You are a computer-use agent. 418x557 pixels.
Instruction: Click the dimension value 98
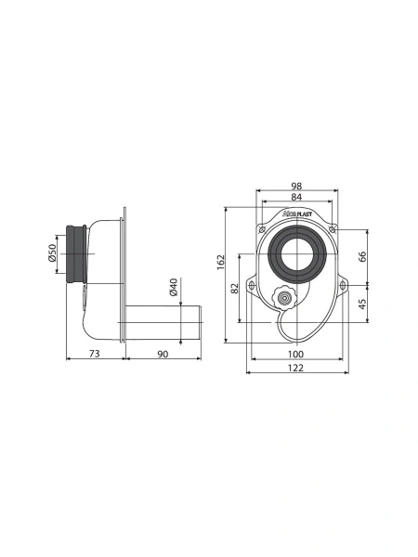[296, 186]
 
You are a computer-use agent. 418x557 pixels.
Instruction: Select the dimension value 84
[296, 197]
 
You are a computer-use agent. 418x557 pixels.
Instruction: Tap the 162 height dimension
[221, 262]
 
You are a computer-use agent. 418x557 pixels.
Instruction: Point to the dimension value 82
[235, 288]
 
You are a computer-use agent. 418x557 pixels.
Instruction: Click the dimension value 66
[362, 256]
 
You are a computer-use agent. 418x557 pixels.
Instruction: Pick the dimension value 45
[362, 304]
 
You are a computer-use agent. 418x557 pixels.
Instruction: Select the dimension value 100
[295, 354]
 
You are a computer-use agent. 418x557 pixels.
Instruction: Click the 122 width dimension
[295, 368]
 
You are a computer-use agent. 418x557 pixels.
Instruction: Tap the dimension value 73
[94, 354]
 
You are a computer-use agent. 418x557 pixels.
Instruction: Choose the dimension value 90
[163, 354]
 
